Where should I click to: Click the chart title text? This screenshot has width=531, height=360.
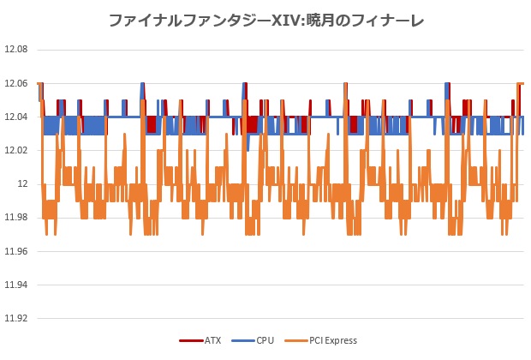pos(265,19)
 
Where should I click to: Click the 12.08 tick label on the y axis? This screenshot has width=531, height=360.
pos(16,50)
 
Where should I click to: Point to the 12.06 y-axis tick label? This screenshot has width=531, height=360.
pos(16,83)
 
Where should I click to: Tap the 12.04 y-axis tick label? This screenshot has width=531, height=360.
pos(16,117)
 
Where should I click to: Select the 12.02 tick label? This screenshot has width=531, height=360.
pos(16,150)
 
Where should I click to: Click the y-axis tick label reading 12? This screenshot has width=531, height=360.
pos(23,183)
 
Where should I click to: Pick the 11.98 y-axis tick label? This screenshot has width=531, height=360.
pos(16,217)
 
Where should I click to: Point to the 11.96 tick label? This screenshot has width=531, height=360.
pos(16,251)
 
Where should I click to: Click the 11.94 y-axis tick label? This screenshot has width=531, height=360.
pos(16,285)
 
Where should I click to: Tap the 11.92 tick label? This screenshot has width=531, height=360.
pos(16,318)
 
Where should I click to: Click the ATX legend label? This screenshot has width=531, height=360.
pos(212,340)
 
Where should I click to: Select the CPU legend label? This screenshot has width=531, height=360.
pos(265,340)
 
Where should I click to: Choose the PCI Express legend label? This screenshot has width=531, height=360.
pos(334,340)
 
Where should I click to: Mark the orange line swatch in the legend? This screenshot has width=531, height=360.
pos(295,340)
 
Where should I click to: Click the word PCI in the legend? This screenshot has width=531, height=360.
pos(317,340)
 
